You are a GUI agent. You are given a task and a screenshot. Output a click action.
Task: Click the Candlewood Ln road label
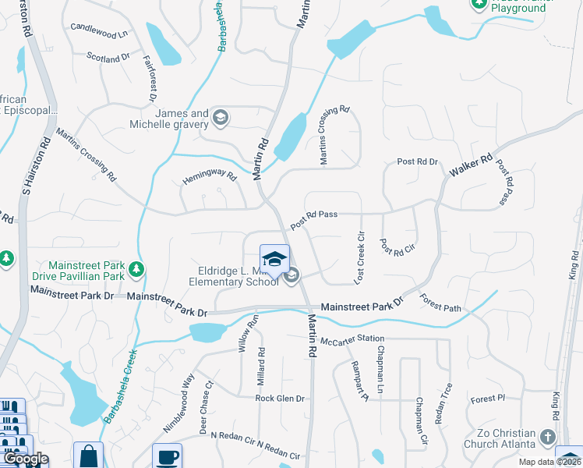tap(98, 31)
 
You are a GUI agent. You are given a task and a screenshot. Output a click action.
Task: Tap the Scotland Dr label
tap(108, 58)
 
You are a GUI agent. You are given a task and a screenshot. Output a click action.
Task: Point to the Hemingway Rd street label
tap(209, 177)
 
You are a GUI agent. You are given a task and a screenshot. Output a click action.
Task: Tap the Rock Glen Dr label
tap(280, 398)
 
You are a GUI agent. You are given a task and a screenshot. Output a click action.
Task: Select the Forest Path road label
tap(440, 302)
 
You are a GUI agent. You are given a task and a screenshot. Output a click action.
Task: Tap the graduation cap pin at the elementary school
tap(274, 259)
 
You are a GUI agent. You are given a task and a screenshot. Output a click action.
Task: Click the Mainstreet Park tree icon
tap(137, 270)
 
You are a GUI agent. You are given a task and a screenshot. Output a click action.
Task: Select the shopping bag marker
tap(89, 456)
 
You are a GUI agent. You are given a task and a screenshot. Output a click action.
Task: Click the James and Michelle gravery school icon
tap(221, 117)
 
